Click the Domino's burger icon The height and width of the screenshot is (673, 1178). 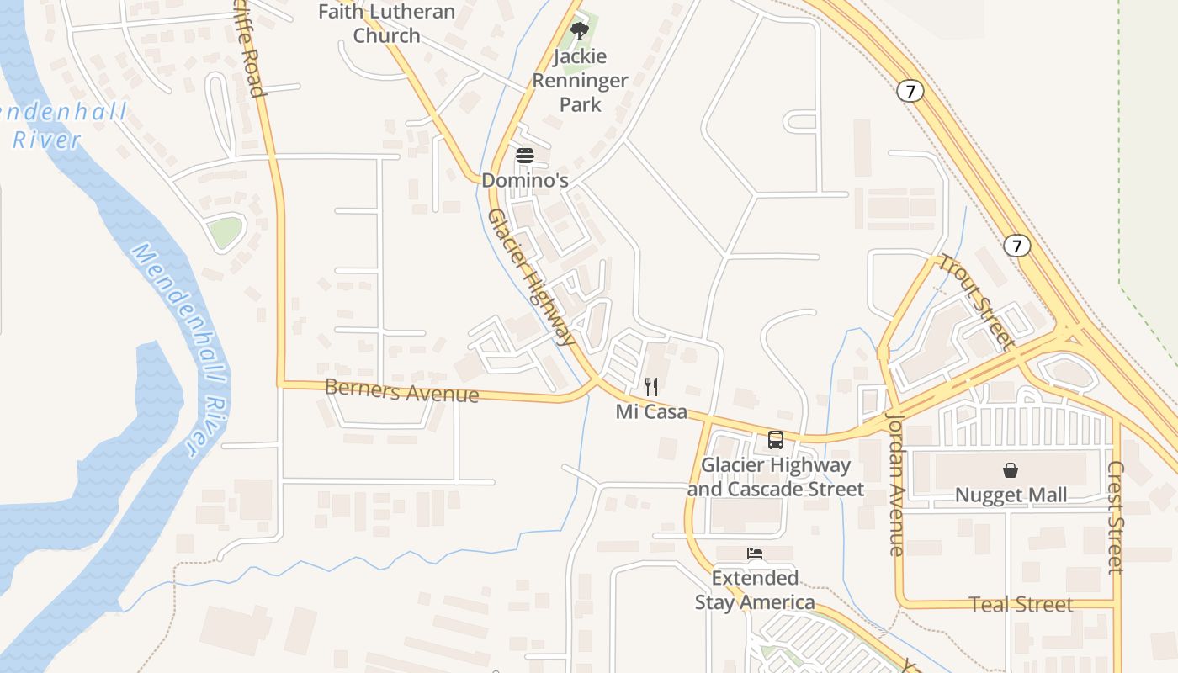point(525,156)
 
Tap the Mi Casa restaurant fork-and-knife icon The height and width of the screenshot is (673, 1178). point(651,387)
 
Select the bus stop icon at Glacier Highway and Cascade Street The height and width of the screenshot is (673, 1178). point(776,440)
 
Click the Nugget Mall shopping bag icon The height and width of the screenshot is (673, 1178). point(1010,470)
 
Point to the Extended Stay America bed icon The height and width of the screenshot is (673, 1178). point(755,554)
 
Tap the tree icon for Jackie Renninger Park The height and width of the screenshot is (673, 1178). point(579,31)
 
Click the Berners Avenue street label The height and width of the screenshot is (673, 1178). point(401,391)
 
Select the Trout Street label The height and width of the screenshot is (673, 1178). point(975,300)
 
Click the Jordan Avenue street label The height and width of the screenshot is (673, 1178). point(895,484)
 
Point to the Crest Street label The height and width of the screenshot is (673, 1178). point(1116,517)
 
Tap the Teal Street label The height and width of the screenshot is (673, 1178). point(1021,604)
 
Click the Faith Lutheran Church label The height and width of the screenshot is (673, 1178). point(386,24)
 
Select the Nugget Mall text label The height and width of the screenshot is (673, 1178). point(1011,495)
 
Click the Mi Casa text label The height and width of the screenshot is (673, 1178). point(651,412)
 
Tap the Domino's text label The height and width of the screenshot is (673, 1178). point(525,180)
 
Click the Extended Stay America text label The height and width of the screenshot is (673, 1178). point(755,591)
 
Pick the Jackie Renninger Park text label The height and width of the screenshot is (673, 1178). point(580,81)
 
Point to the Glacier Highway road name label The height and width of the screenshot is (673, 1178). point(531,277)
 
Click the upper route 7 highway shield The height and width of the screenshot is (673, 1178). point(910,91)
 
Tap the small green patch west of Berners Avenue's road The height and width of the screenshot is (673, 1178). point(226,232)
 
